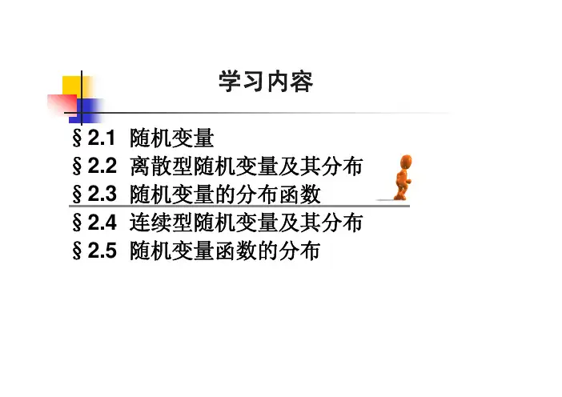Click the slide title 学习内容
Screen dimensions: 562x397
pos(266,82)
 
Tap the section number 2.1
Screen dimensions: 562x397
pos(101,138)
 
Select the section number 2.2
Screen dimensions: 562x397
pos(102,166)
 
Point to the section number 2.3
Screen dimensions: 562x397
pos(102,194)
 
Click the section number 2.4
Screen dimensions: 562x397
pos(102,223)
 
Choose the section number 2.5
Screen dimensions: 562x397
pos(102,250)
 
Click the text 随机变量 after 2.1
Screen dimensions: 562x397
pos(172,138)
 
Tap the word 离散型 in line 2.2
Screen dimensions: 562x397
pos(161,166)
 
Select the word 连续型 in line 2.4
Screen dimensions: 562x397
pos(161,223)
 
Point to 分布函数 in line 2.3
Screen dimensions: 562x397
pos(278,194)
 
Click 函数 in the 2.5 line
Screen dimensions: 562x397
pos(236,251)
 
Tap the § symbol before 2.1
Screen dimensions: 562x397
pos(77,138)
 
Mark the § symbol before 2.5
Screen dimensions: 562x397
pos(77,251)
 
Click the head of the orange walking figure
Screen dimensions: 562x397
pos(406,161)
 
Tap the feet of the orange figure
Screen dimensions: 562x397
pos(401,196)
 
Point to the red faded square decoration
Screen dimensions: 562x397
pos(62,105)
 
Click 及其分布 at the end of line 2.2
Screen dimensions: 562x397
pos(320,166)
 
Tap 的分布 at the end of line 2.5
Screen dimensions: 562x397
pos(289,251)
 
